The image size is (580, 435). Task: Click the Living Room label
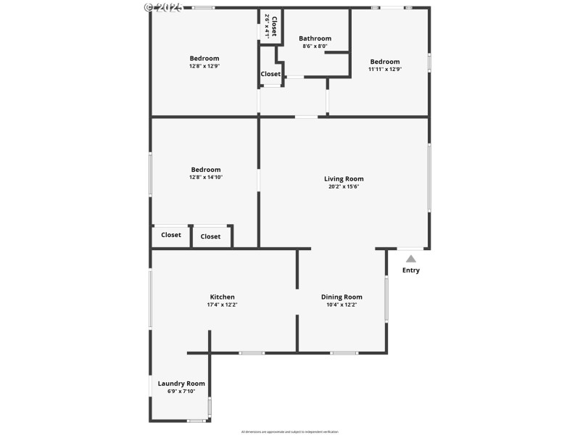point(344,178)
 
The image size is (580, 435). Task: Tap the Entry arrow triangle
point(411,258)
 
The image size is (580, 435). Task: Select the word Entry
point(411,270)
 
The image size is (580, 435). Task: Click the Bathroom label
point(315,38)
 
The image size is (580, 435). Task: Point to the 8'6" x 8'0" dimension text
point(315,46)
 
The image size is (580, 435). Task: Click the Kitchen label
point(222,297)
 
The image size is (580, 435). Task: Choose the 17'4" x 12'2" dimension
point(222,304)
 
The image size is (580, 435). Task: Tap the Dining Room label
point(341,297)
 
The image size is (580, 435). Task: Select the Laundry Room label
point(181,384)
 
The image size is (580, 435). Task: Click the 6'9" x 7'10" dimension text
point(181,391)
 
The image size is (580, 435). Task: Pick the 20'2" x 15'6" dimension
point(344,186)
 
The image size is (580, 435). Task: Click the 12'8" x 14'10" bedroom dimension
point(206,177)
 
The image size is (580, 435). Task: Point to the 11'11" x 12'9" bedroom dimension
point(384,70)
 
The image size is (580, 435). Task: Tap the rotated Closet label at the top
point(274,25)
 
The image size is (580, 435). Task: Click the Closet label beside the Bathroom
point(270,74)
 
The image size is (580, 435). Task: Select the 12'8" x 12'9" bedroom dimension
point(204,66)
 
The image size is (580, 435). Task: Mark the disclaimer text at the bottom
point(289,431)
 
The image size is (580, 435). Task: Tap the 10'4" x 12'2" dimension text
point(341,304)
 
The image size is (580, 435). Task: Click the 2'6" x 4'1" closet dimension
point(267,25)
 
